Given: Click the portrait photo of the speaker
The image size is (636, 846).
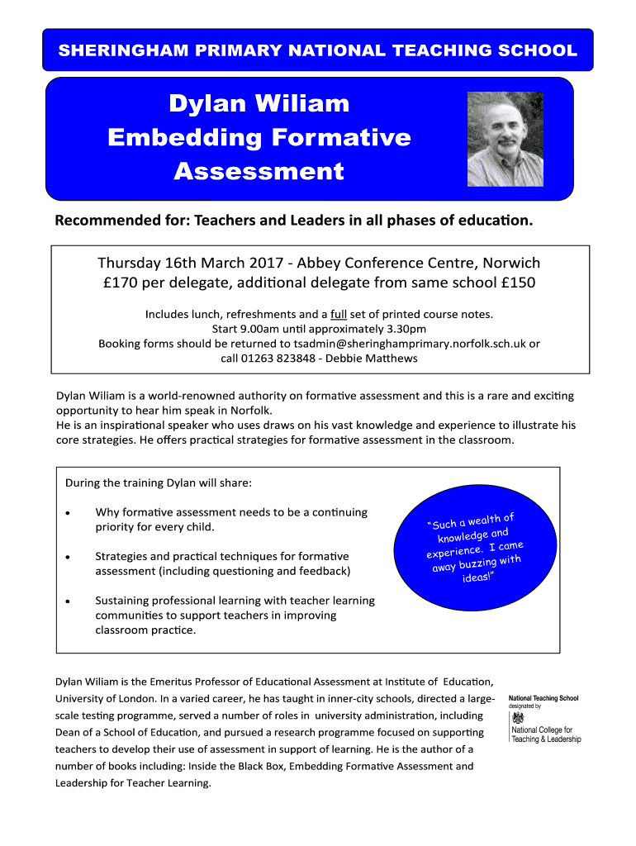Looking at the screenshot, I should click(505, 139).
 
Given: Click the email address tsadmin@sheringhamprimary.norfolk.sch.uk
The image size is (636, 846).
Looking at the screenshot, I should click(410, 344).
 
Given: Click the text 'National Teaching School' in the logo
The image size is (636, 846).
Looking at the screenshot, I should click(543, 698).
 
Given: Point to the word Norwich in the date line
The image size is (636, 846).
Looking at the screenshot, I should click(511, 264).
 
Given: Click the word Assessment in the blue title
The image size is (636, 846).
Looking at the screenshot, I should click(259, 172).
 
